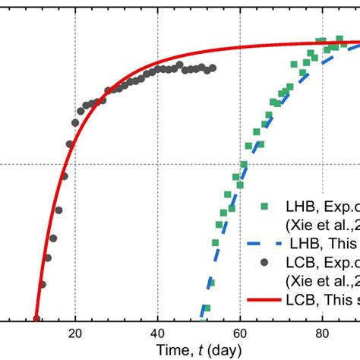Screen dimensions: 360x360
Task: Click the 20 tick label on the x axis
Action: click(75, 333)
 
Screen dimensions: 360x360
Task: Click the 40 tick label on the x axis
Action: click(157, 333)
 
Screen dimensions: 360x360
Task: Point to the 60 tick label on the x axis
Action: click(239, 333)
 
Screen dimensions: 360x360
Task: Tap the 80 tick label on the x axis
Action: click(321, 333)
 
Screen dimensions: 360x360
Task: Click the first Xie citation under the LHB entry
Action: click(319, 226)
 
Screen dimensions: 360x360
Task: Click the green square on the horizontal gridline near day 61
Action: click(244, 164)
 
